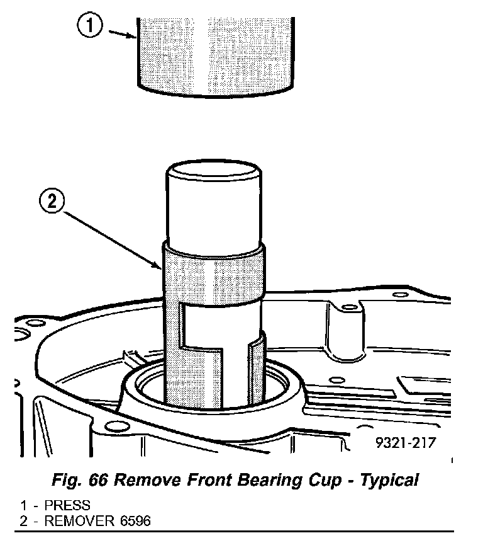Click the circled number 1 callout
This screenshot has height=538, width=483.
(x=91, y=27)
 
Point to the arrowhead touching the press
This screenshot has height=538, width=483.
(x=133, y=37)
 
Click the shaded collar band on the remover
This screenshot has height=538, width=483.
(x=214, y=271)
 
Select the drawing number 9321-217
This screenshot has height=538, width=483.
(x=405, y=444)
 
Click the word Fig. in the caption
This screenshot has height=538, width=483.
(x=68, y=481)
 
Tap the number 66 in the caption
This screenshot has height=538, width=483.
(x=104, y=481)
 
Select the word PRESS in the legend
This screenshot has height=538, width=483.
(x=67, y=506)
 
